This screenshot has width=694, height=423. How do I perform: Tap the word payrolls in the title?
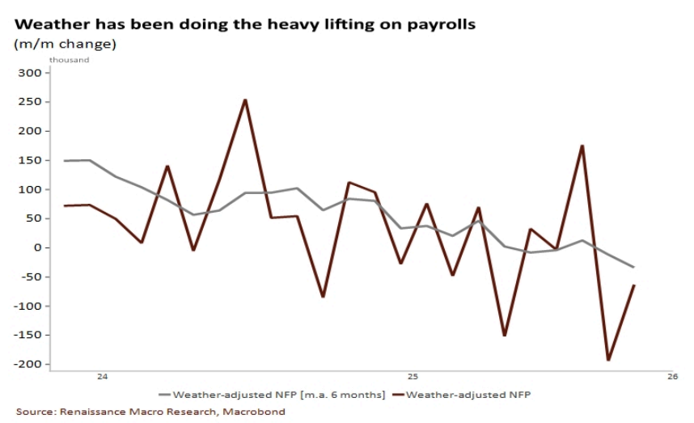click(x=442, y=25)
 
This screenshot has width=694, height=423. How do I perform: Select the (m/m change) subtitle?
click(x=65, y=44)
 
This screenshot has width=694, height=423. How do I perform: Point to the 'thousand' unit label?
click(x=69, y=60)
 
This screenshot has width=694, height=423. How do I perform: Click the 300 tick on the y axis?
click(x=29, y=73)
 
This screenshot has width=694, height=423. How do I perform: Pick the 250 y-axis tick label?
click(x=29, y=102)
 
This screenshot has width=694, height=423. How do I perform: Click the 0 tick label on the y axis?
click(x=37, y=247)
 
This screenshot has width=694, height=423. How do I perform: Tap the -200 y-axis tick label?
click(x=28, y=364)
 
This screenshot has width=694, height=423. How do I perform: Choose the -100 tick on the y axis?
click(x=28, y=306)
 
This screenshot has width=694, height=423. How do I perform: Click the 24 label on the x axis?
click(x=102, y=377)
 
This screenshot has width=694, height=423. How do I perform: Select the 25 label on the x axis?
click(x=413, y=377)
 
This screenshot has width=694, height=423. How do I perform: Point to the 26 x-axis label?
click(x=673, y=377)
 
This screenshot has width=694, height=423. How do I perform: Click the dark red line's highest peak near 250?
click(x=245, y=100)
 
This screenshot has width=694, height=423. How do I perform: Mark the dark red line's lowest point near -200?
click(x=608, y=360)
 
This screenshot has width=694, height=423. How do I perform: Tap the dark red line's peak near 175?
click(x=582, y=146)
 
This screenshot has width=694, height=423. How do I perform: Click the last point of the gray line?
click(x=634, y=267)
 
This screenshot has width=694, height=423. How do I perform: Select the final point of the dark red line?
click(x=634, y=285)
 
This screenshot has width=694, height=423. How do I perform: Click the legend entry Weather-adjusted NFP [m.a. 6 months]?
click(x=272, y=395)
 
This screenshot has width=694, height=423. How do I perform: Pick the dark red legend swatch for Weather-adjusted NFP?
click(x=398, y=395)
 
